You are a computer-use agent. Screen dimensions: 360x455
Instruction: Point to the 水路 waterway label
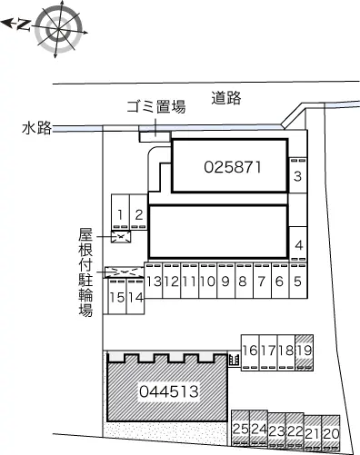tap(35, 129)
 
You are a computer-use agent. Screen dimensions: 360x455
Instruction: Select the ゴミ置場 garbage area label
tap(155, 106)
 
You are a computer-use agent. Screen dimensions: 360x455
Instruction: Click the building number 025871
tap(234, 167)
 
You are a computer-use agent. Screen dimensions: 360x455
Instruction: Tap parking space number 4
tap(298, 244)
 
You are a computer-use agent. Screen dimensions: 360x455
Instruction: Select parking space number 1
tap(120, 214)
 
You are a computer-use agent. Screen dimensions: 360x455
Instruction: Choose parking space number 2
tap(138, 214)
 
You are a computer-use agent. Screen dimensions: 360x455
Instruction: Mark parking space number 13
tap(154, 282)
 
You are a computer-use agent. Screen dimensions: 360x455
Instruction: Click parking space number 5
tap(297, 282)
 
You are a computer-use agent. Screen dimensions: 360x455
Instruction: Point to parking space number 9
tap(225, 282)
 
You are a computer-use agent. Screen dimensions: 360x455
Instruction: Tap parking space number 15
tap(116, 297)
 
